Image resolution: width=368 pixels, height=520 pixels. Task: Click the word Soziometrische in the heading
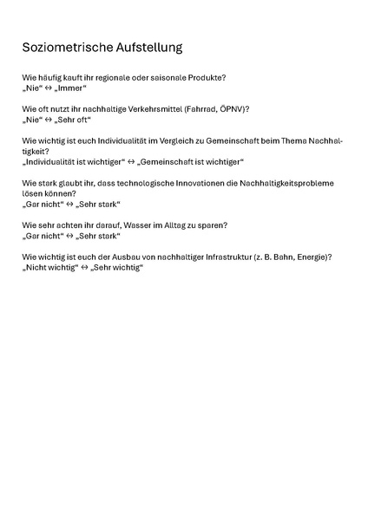click(68, 47)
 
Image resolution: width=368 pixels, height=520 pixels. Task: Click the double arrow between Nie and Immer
click(49, 88)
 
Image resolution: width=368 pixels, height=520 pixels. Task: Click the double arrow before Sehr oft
click(49, 120)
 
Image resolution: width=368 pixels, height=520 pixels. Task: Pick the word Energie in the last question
click(313, 257)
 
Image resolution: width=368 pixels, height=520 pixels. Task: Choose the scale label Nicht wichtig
click(49, 267)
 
